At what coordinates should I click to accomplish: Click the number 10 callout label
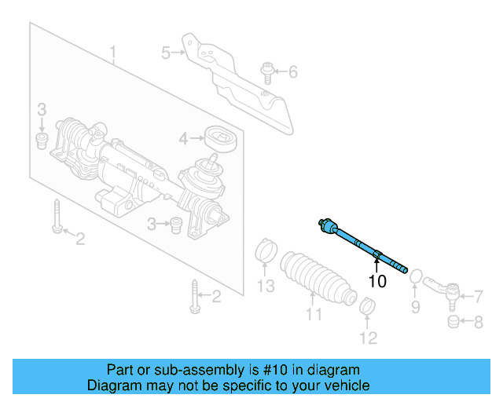tap(377, 280)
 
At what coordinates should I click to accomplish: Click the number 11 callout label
tap(314, 316)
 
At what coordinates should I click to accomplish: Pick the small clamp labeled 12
tap(365, 306)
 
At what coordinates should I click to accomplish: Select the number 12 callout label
tap(369, 338)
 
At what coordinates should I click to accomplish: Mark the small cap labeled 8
tap(453, 321)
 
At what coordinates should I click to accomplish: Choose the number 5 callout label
tap(166, 53)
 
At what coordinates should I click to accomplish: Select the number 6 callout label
tap(293, 73)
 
